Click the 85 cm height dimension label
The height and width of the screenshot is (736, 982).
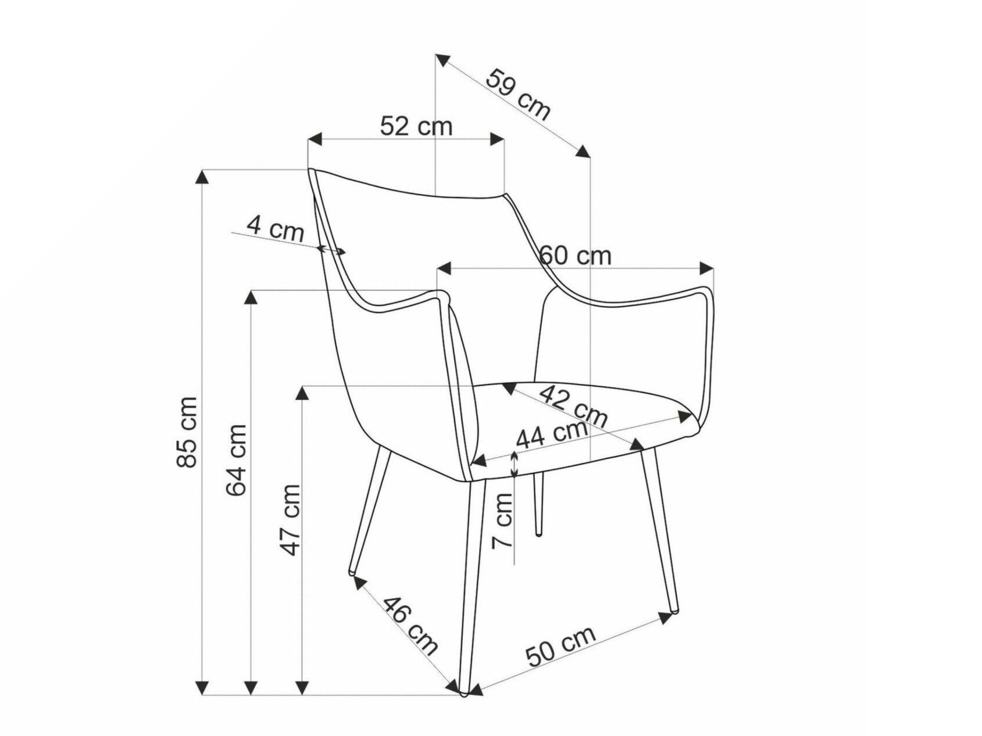click(188, 432)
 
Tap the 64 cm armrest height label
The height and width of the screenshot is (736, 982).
click(237, 459)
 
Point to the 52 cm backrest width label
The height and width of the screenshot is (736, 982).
click(416, 126)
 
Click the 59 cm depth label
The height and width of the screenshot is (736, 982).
click(517, 94)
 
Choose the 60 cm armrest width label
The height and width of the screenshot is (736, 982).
click(576, 256)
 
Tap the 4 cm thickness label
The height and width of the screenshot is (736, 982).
click(275, 228)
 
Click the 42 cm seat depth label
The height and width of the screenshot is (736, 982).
click(573, 406)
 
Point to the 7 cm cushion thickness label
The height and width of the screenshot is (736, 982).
click(502, 520)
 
